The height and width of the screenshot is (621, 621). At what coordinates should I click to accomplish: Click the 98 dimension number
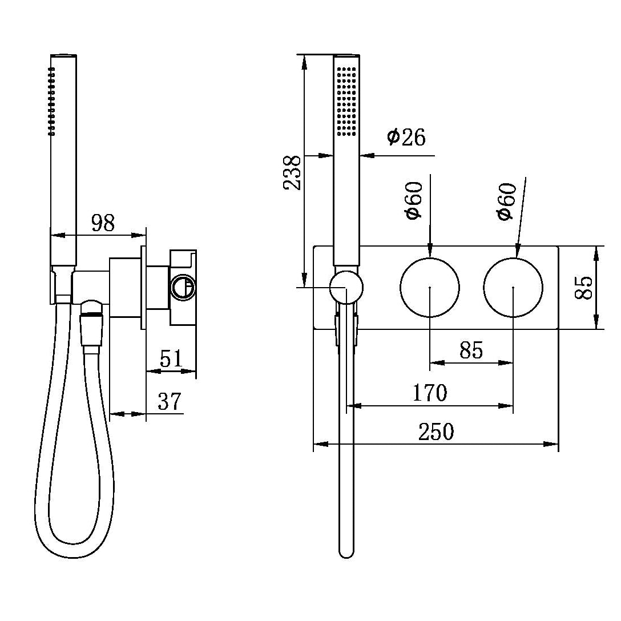coord(103,223)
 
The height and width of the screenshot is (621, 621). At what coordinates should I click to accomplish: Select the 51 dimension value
coord(171,359)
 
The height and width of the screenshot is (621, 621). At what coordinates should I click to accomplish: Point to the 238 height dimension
coord(293,172)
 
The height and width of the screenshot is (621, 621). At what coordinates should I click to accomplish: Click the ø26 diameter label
coord(406,138)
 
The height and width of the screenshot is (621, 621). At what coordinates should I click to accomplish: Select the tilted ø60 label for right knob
coord(506,201)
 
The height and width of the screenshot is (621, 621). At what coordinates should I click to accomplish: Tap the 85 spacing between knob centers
coord(471,350)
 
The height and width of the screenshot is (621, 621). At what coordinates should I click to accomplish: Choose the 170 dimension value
coord(430,393)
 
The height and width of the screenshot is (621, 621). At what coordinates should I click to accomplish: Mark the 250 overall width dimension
coord(436,432)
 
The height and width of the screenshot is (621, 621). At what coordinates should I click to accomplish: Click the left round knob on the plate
coord(429,287)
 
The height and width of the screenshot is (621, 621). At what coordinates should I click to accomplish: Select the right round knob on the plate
coord(513,287)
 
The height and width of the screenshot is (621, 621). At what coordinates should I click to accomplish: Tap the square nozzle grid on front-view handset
coord(346,102)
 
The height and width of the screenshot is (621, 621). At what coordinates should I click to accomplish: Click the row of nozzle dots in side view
coord(52,101)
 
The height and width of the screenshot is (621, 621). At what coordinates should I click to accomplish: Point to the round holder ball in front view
coord(346,287)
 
